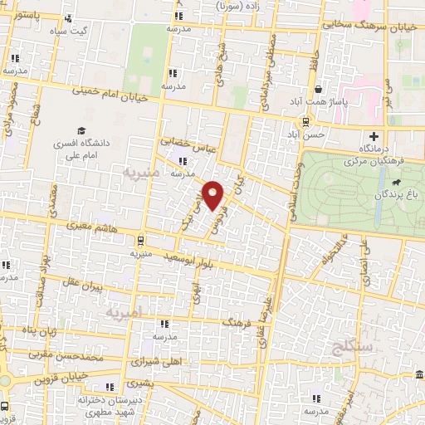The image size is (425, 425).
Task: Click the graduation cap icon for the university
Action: (81, 129)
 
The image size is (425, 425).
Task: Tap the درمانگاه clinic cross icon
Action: (374, 136)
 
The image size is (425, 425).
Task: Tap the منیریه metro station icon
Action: (139, 241)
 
